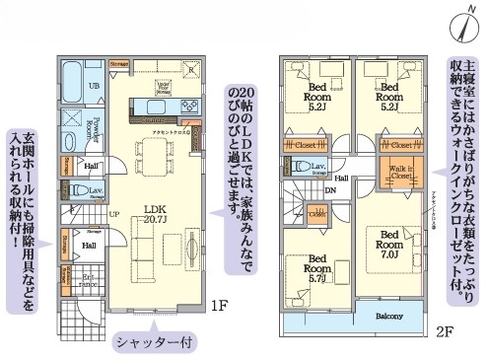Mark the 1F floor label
pyautogui.click(x=218, y=307)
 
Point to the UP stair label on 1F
pyautogui.click(x=114, y=214)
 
